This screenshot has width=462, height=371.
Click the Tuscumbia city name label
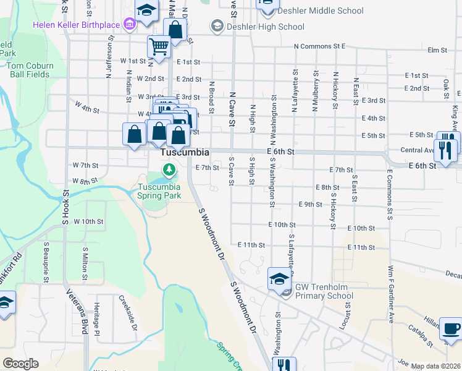[x=184, y=152]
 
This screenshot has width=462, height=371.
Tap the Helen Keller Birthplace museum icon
[x=130, y=25]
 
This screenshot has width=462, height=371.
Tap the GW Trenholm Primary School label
[x=324, y=291]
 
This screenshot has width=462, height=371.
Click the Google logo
[x=20, y=363]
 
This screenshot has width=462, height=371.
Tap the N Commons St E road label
[x=319, y=46]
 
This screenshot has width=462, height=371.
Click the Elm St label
[x=437, y=50]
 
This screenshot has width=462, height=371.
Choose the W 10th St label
[x=88, y=221]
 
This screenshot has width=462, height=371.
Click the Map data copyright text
[x=434, y=366]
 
